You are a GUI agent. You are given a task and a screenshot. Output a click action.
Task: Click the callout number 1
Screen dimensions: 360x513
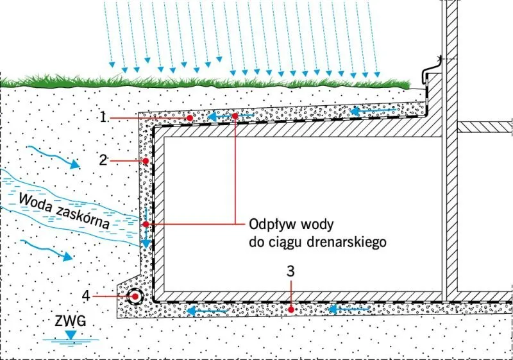pyautogui.click(x=103, y=117)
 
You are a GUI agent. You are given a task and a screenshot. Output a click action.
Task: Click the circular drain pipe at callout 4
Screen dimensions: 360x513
pyautogui.click(x=135, y=296)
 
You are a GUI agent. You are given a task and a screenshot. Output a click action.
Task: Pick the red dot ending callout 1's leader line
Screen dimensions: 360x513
pyautogui.click(x=190, y=119)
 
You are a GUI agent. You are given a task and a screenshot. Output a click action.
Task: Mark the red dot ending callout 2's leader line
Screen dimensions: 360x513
pyautogui.click(x=146, y=160)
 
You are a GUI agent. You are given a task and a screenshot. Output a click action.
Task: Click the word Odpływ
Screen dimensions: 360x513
pyautogui.click(x=269, y=226)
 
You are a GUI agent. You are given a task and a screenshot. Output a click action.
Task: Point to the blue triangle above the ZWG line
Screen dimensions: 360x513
pyautogui.click(x=70, y=334)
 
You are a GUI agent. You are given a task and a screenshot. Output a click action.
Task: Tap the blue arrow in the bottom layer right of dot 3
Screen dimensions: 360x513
pyautogui.click(x=349, y=309)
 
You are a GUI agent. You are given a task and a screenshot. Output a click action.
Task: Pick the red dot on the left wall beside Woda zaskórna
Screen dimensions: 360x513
pyautogui.click(x=146, y=224)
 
